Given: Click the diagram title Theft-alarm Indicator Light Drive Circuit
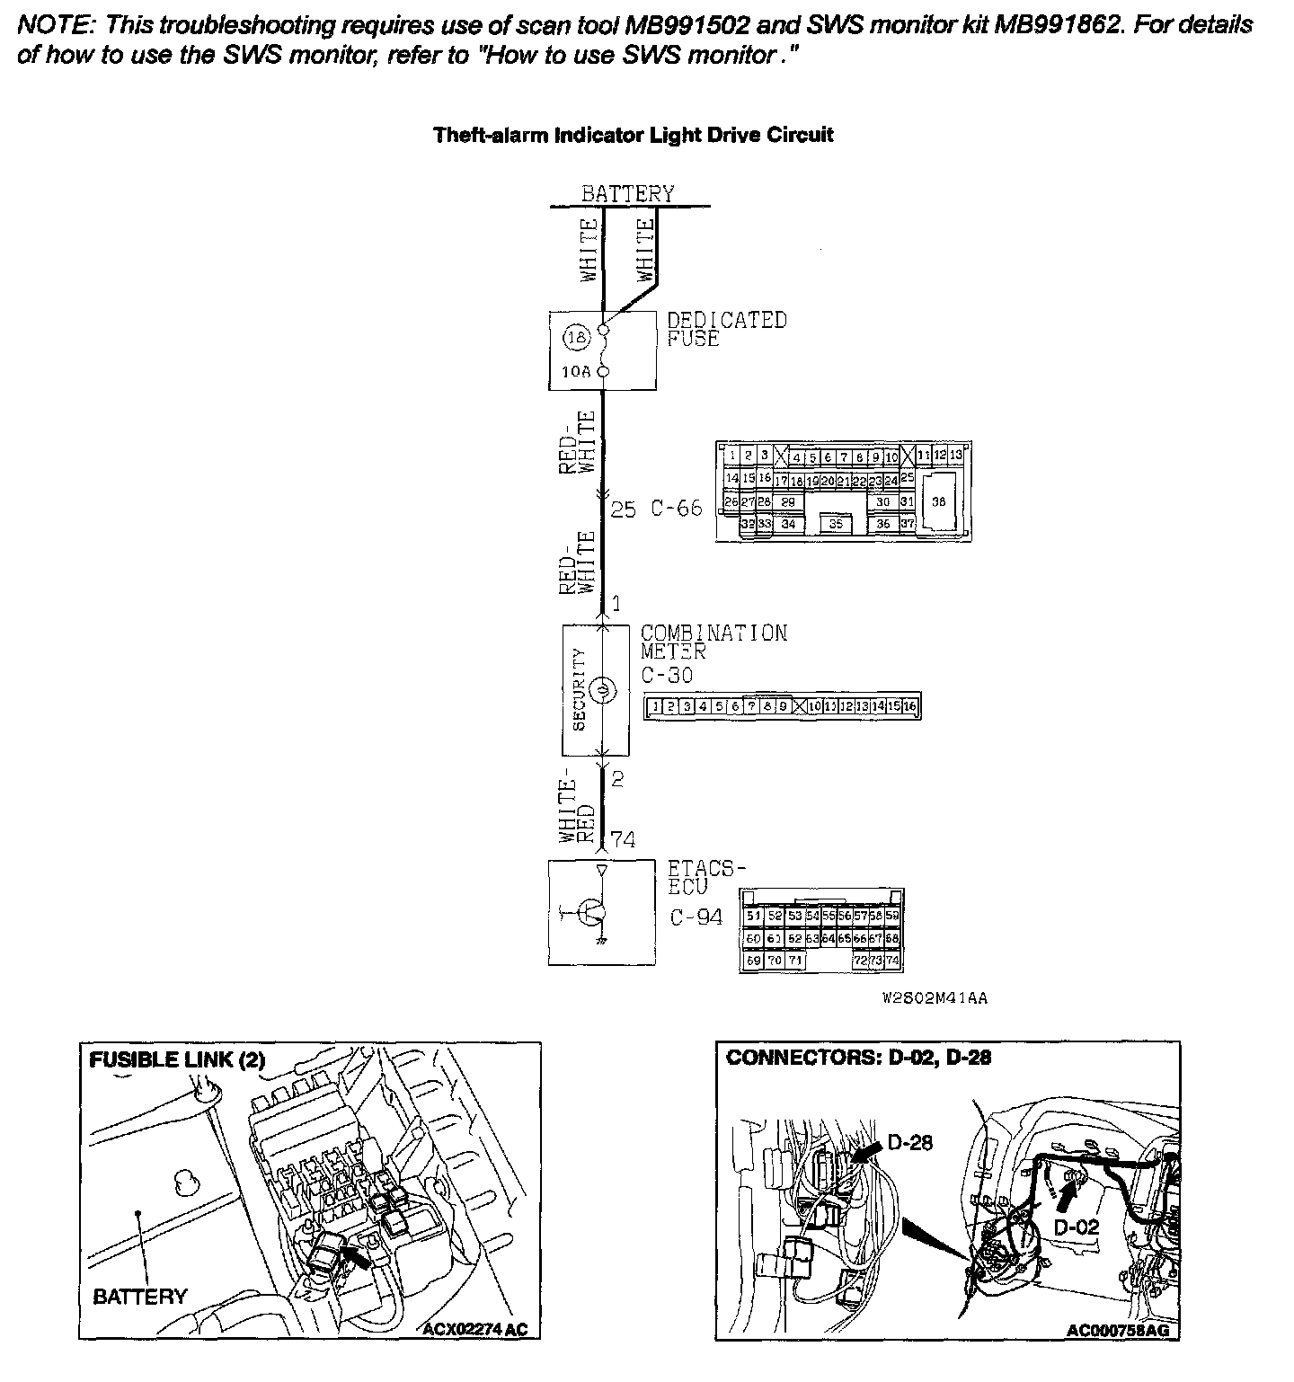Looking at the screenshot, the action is coord(634,136).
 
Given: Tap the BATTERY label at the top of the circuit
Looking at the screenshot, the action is coord(627,193).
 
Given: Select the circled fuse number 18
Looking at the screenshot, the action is coord(577,339).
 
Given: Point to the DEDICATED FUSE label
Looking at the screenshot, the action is coord(726,329).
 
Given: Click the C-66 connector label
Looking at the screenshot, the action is coord(676,509).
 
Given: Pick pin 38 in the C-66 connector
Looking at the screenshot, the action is coord(938,502).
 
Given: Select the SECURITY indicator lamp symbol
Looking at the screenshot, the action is coord(604,690).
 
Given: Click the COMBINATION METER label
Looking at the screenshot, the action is coord(713,642).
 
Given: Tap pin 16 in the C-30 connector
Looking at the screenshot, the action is coord(909,707).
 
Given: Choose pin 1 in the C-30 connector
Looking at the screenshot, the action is coord(656,707).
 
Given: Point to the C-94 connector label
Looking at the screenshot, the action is coord(696,917).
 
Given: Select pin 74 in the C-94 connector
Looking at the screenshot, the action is coord(891,961).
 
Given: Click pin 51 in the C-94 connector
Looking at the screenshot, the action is coord(753,916).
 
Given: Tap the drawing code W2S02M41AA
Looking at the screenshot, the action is coord(934,998).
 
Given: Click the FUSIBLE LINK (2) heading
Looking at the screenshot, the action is coord(177,1059).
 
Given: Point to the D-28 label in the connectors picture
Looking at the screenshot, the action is coord(909,1142).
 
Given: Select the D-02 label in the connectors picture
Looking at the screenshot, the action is coord(1077,1227).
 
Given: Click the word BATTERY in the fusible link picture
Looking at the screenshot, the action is coord(140,1296).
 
